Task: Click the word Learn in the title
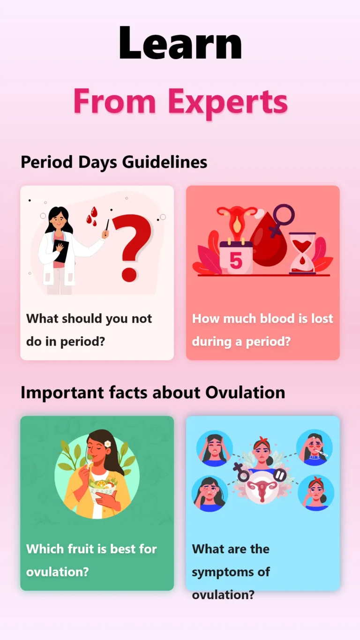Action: pos(180,43)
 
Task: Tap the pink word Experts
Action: pos(228,101)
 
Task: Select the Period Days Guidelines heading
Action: pos(114,162)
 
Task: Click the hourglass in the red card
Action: pos(302,253)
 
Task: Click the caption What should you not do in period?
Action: pos(89,330)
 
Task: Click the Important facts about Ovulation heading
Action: pos(153,392)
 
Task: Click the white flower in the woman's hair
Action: pos(108,444)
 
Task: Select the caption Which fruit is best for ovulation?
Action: pos(91,560)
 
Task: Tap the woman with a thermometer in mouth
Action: pos(315,448)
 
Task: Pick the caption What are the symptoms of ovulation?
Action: pos(231,572)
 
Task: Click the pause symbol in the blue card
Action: pos(280,475)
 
